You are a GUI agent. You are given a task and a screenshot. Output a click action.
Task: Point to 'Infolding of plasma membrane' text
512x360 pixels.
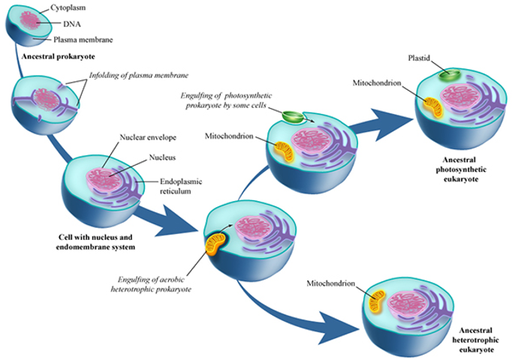pos(138,76)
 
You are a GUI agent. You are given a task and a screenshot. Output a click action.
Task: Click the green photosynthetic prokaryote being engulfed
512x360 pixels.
pos(294,118)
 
